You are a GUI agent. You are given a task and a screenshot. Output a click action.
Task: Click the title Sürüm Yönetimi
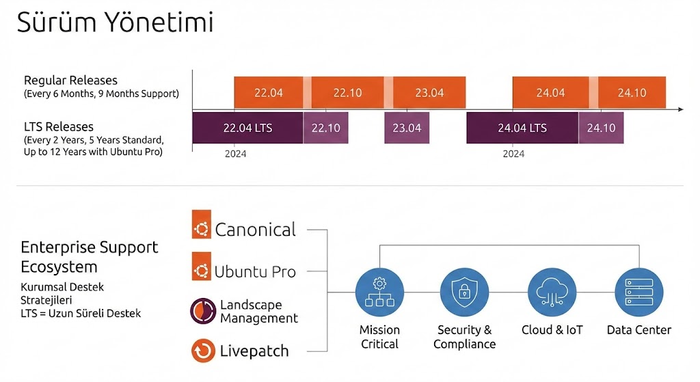115,22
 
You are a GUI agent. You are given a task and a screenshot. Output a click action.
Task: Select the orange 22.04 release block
269,93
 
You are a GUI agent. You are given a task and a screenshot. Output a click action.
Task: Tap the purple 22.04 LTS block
247,128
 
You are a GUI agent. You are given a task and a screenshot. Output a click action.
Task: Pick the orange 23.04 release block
429,93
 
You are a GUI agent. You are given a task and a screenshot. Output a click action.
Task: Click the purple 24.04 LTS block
522,128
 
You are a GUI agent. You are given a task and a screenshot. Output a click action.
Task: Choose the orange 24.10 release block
632,93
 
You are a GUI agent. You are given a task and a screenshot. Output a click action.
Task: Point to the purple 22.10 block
325,128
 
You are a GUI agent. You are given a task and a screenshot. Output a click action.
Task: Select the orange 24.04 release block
550,93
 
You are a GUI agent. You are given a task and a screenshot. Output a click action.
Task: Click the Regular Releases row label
70,81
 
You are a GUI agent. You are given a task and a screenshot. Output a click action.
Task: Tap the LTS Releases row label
59,127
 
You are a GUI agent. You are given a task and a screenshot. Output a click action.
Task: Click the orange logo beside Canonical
202,229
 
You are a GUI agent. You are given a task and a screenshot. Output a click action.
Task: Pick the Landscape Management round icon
203,311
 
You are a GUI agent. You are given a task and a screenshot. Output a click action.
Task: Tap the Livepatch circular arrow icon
203,351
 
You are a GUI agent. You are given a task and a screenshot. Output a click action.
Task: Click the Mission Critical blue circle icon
379,292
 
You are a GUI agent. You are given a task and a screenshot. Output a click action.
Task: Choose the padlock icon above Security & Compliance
464,292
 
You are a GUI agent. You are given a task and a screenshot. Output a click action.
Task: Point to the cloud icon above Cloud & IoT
552,292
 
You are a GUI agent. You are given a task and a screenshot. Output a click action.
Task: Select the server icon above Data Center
638,292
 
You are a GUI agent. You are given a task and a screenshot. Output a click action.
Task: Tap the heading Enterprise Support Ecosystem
89,257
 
